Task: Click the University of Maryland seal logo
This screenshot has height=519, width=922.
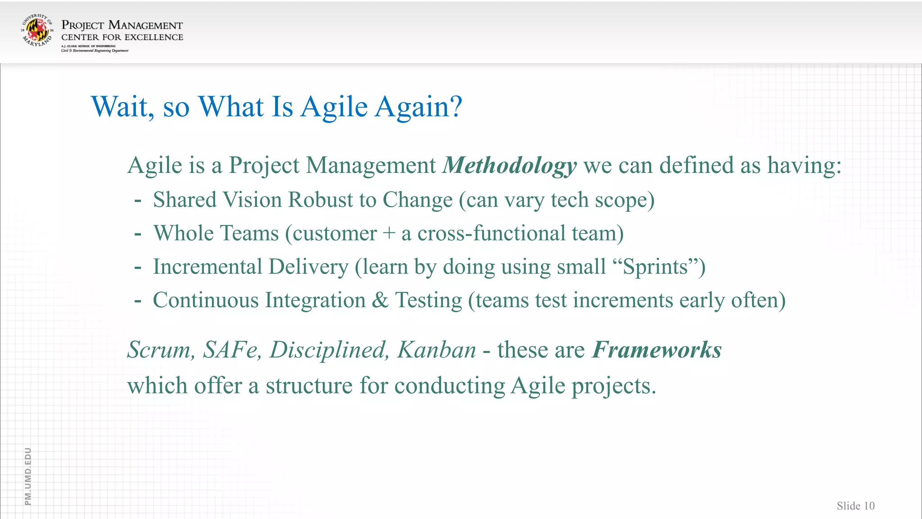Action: click(37, 30)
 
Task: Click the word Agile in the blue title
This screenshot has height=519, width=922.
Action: click(334, 107)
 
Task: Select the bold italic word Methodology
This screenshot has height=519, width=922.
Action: click(510, 166)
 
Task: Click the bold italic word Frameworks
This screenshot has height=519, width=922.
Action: click(656, 350)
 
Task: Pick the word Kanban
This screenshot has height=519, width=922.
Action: click(436, 350)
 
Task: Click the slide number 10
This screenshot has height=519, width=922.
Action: click(869, 506)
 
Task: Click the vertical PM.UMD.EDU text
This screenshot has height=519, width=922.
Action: click(28, 476)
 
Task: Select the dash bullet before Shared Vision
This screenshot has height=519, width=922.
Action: click(138, 200)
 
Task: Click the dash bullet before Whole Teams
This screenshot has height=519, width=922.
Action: click(138, 234)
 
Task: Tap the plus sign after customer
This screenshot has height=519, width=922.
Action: click(389, 234)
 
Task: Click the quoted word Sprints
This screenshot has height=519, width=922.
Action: click(655, 267)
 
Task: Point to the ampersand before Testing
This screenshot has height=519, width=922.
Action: click(380, 300)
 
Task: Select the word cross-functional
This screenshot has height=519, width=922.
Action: click(491, 234)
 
